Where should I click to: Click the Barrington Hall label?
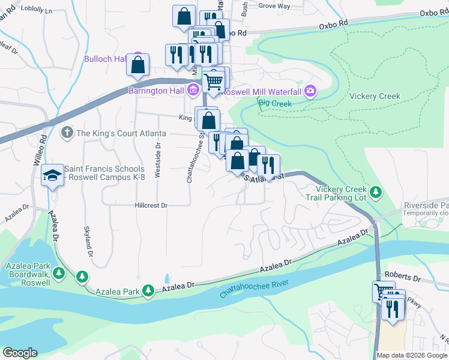pos(156,91)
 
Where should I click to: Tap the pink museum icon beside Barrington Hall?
pos(193,91)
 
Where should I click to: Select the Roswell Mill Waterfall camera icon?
pos(310,92)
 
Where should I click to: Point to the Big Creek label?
pos(274,103)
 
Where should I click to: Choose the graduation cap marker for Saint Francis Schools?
pos(52,175)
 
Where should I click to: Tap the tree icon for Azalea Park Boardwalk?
pos(58,273)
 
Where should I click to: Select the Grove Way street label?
pos(274,6)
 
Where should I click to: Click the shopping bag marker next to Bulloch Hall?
pos(138,65)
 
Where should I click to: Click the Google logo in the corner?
pos(20,353)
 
